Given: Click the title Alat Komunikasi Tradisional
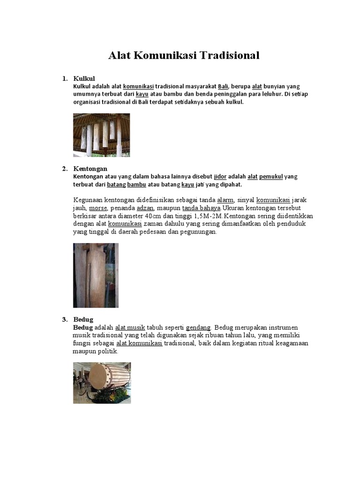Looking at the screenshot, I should (x=184, y=55).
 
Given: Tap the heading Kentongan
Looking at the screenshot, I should (x=90, y=168).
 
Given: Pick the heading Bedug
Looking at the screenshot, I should (x=83, y=319).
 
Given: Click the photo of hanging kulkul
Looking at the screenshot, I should (x=101, y=135).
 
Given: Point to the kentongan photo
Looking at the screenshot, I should (x=96, y=275).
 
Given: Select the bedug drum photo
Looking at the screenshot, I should (x=102, y=382).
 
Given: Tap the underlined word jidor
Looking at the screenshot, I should (x=220, y=176).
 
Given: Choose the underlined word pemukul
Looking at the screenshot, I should (x=271, y=176).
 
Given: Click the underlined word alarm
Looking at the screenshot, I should (x=225, y=200).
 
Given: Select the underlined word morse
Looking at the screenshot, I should (x=98, y=208).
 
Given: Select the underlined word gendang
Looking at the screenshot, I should (x=198, y=327).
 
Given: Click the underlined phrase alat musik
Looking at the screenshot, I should (x=130, y=327).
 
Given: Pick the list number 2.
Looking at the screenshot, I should (x=65, y=168).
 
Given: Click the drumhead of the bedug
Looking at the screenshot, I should (x=97, y=377).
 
